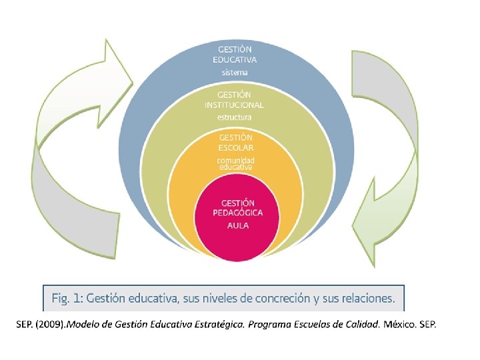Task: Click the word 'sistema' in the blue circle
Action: point(235,72)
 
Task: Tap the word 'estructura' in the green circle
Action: point(235,117)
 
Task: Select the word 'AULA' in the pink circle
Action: point(238,225)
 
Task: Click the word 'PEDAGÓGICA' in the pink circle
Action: point(238,213)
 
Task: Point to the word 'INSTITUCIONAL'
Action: point(235,105)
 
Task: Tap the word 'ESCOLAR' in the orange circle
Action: point(236,147)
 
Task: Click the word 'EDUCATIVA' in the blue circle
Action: point(235,60)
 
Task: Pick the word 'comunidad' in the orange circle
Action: point(236,160)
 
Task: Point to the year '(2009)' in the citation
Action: point(50,325)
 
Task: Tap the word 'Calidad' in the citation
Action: point(361,325)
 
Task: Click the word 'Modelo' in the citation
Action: point(83,325)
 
